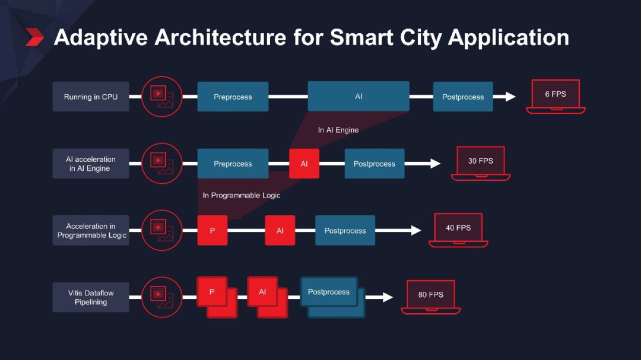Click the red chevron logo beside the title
(35, 37)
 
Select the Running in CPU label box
(91, 97)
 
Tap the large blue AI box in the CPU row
(358, 96)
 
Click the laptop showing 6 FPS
(556, 96)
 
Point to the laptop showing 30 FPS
(481, 163)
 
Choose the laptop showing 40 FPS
(458, 230)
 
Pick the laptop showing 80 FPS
(431, 297)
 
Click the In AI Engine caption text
(338, 130)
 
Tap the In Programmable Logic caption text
(242, 195)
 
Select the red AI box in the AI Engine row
(304, 164)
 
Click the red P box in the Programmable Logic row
(212, 231)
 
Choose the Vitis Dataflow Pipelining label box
(91, 298)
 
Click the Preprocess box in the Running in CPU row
(233, 97)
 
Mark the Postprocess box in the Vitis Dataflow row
(329, 292)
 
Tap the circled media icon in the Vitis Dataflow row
(161, 297)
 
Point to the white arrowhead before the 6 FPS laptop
(510, 97)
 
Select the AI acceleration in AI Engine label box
(91, 164)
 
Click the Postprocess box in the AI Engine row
(374, 164)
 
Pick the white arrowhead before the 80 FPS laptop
(388, 297)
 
